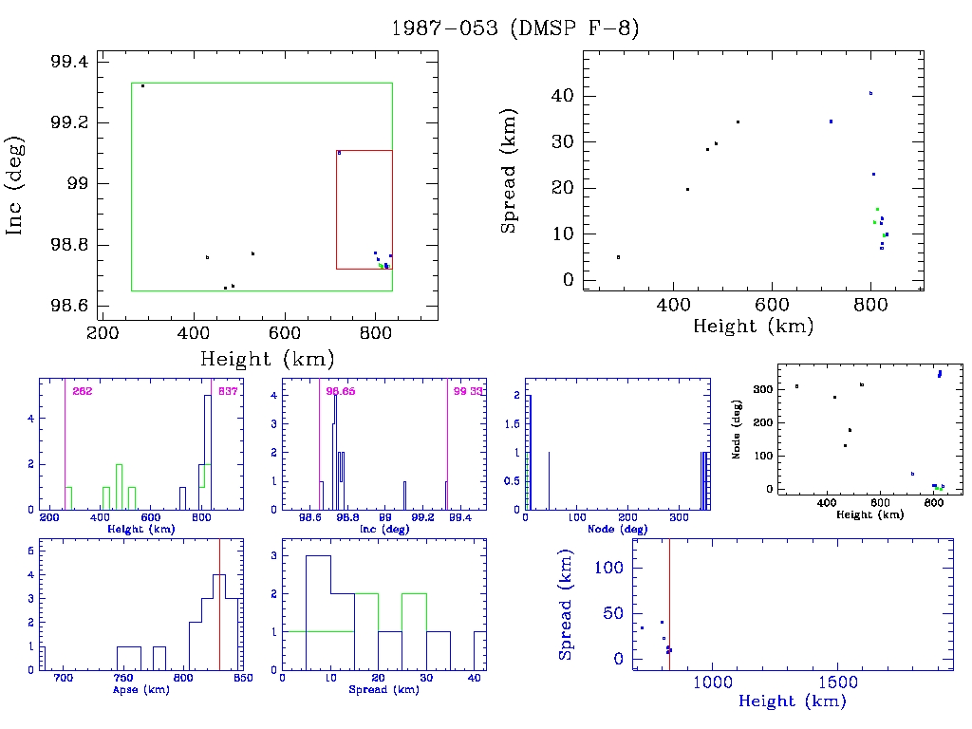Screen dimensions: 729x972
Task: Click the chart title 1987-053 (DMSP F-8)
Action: point(515,28)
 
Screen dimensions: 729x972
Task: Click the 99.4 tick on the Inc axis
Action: point(68,62)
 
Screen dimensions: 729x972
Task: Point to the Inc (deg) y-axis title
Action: point(16,186)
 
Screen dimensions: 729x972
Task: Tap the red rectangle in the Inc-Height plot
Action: point(336,209)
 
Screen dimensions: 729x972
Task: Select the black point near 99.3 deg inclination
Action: point(142,86)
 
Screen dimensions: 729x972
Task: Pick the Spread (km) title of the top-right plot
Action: point(510,187)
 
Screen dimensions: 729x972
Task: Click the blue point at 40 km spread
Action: point(870,93)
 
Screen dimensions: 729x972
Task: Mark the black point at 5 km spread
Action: point(618,257)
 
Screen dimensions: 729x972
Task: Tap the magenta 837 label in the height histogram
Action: point(227,391)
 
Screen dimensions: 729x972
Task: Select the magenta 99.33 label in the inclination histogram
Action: point(466,391)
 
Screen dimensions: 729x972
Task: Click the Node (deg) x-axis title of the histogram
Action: point(617,528)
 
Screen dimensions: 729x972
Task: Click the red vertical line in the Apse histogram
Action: point(219,607)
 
